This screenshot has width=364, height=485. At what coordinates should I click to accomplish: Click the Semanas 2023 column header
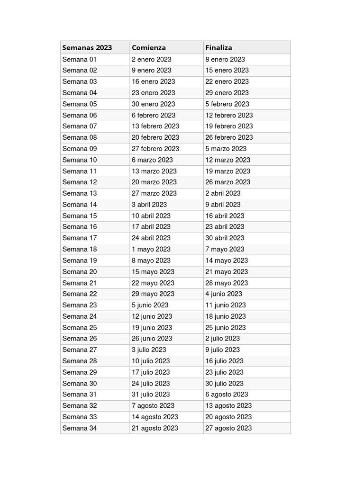87,47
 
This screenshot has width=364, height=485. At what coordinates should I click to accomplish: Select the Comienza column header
149,47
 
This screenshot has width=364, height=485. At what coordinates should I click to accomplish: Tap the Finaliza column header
218,47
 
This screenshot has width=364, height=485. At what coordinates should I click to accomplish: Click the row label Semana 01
79,59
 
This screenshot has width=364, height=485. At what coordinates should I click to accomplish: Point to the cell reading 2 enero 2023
152,59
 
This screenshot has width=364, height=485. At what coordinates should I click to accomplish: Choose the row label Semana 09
79,149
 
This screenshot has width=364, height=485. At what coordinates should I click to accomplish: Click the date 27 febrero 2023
155,149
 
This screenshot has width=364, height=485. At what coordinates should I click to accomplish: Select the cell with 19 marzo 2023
227,171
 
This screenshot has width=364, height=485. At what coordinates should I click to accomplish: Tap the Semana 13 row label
79,193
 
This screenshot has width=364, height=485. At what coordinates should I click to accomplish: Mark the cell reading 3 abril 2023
149,205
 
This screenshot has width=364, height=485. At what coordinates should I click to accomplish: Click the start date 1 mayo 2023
151,249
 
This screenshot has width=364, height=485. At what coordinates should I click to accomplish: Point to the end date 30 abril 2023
225,238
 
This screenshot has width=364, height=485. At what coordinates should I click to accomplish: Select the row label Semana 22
79,294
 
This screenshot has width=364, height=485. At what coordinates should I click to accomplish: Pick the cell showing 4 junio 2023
224,294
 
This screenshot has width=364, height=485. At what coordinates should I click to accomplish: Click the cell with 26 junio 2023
152,339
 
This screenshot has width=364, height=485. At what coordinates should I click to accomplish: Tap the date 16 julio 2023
224,361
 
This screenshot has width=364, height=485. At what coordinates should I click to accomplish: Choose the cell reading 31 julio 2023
151,395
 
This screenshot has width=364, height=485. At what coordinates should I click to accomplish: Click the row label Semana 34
79,428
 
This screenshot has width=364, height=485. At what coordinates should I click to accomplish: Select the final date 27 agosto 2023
228,428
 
